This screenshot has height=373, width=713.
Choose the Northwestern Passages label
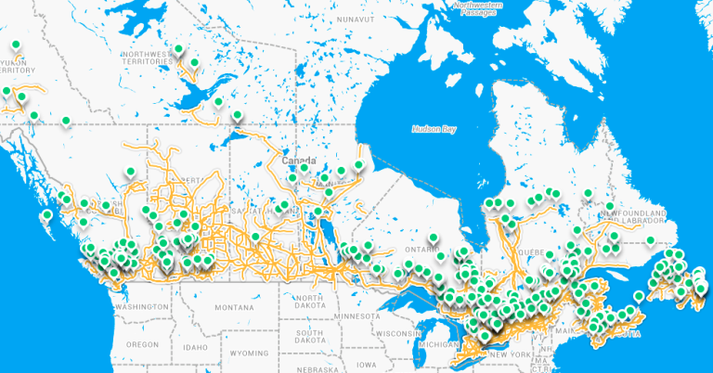click(x=480, y=8)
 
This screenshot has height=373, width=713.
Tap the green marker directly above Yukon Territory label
click(x=15, y=45)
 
